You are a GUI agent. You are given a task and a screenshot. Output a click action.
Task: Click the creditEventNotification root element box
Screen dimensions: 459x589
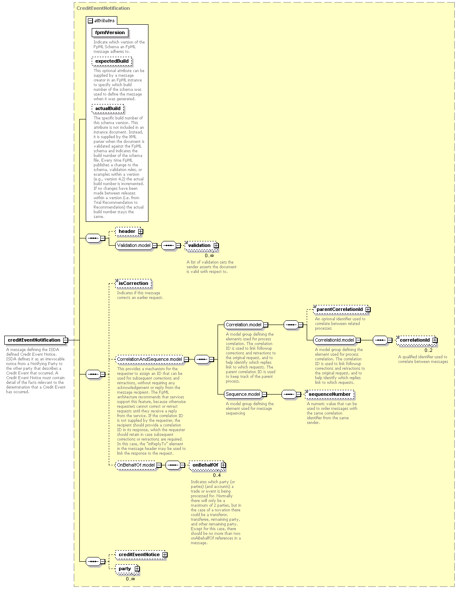(35, 340)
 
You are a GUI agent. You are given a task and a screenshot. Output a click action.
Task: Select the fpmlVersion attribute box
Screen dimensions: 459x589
(110, 32)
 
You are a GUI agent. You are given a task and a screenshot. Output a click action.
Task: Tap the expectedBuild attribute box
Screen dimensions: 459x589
(112, 61)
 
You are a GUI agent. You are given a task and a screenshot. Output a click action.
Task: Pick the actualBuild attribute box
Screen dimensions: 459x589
(107, 108)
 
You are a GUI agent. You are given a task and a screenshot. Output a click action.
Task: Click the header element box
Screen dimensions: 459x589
(128, 231)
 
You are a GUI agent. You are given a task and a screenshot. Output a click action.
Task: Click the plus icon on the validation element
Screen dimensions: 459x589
(216, 245)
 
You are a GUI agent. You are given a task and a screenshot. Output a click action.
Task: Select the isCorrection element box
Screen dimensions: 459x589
(134, 283)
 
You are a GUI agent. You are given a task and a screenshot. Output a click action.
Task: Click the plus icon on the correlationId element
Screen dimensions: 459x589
(435, 340)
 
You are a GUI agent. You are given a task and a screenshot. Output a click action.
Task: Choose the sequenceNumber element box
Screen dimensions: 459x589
(330, 394)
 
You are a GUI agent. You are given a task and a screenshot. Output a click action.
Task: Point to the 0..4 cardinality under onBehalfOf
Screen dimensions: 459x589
(217, 475)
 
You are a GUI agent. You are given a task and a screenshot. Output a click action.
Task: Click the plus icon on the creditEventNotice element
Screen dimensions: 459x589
(165, 554)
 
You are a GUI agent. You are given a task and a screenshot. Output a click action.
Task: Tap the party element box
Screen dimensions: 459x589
(127, 569)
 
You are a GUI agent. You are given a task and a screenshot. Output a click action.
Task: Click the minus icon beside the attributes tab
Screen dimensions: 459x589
(90, 20)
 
